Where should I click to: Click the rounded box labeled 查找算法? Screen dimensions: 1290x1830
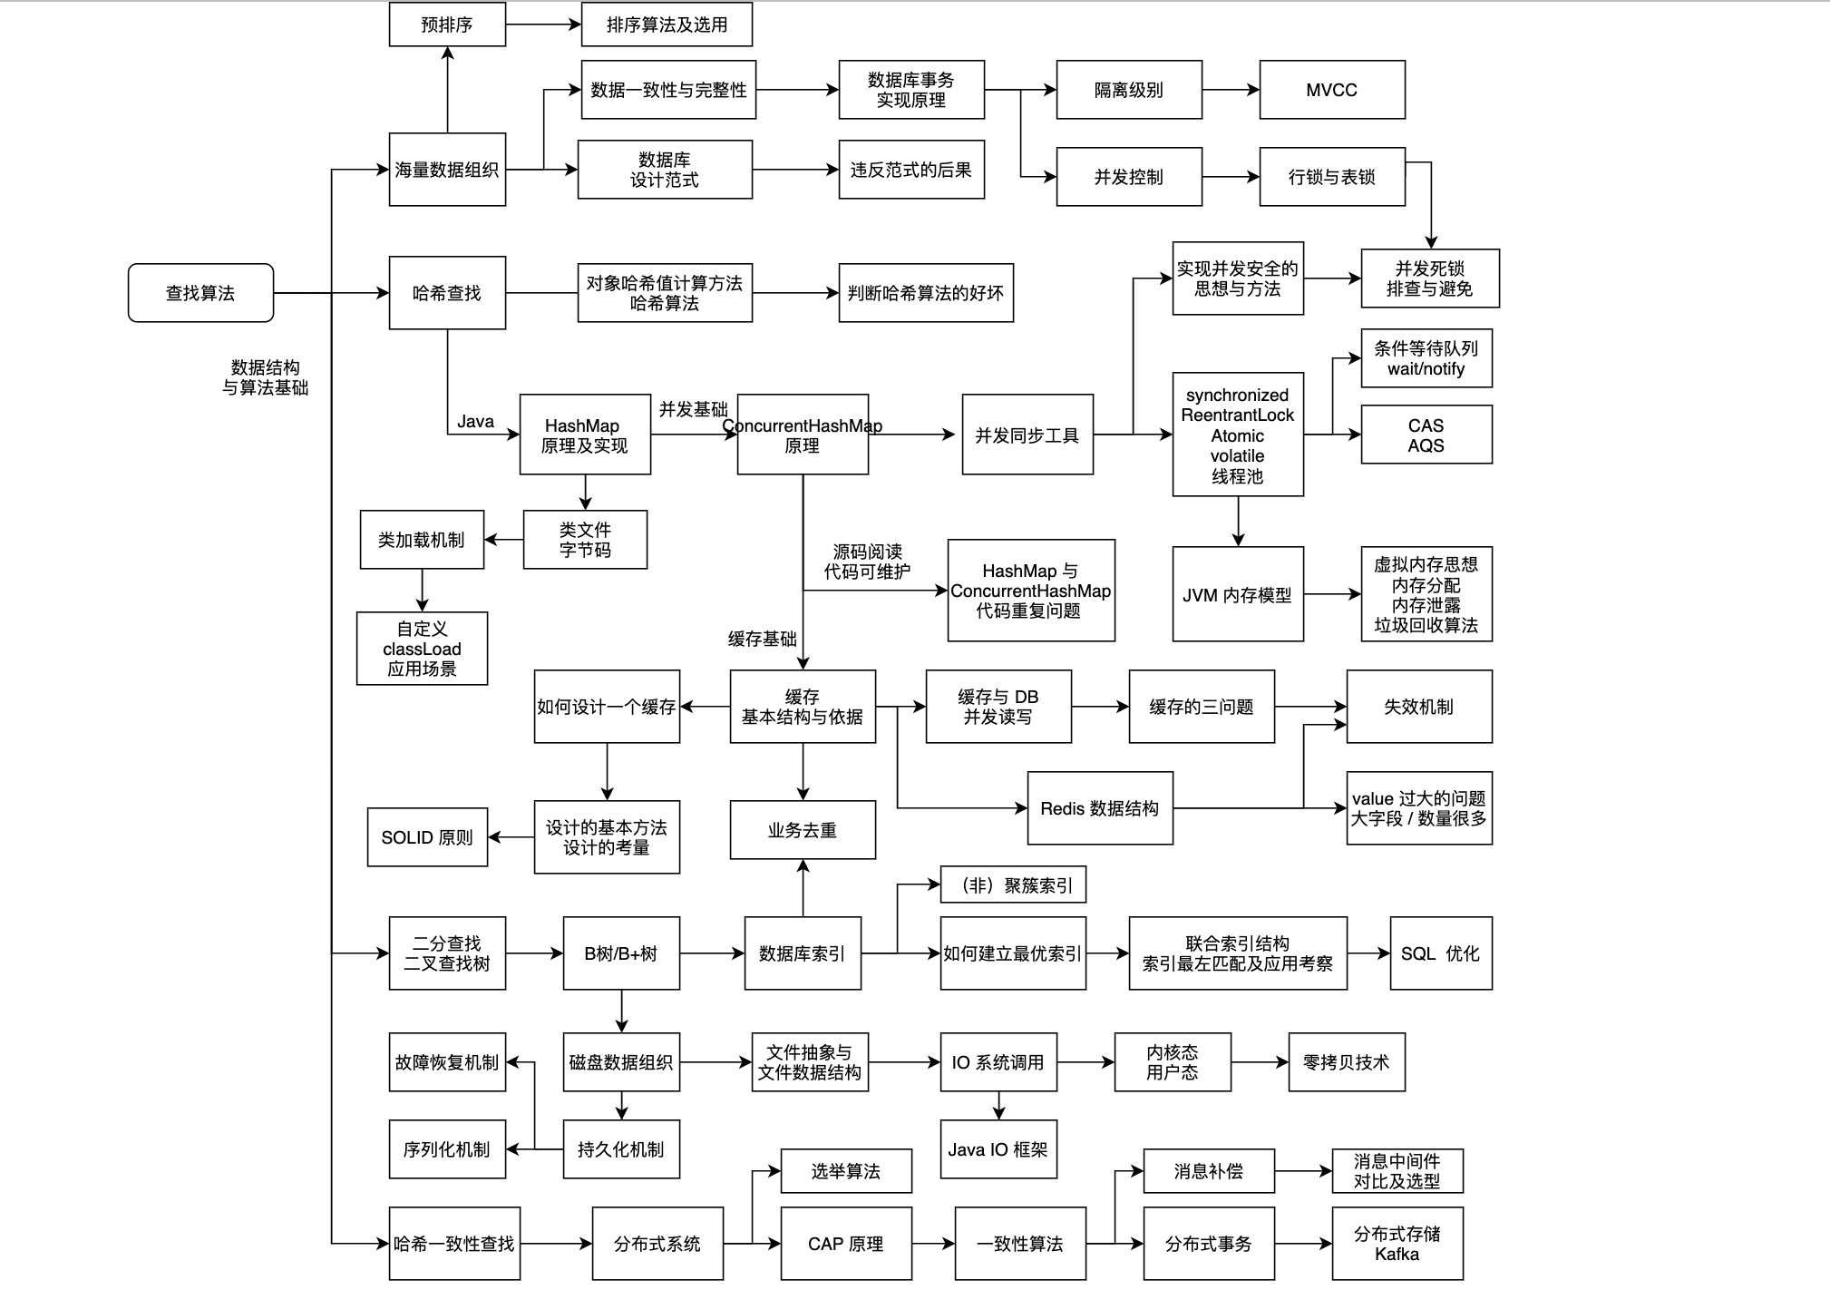pyautogui.click(x=200, y=293)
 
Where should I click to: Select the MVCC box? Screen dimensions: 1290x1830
pyautogui.click(x=1331, y=90)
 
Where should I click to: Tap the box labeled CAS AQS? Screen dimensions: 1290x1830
pyautogui.click(x=1426, y=435)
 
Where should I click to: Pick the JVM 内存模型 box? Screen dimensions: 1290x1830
pyautogui.click(x=1237, y=594)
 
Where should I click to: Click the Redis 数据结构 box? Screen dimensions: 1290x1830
pyautogui.click(x=1099, y=808)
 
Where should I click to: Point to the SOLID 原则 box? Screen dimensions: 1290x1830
pyautogui.click(x=427, y=837)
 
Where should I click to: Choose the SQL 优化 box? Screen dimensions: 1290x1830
pyautogui.click(x=1440, y=953)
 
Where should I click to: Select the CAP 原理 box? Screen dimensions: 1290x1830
pyautogui.click(x=845, y=1244)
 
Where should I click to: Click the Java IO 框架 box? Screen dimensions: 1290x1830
pyautogui.click(x=998, y=1149)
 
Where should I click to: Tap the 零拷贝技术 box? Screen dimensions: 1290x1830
pyautogui.click(x=1346, y=1062)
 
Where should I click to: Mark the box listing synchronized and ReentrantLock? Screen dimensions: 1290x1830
pyautogui.click(x=1237, y=435)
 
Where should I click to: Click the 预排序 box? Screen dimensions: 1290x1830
pyautogui.click(x=447, y=24)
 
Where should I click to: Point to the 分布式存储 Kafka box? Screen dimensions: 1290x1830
pyautogui.click(x=1397, y=1244)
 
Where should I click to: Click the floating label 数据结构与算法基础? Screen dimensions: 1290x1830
pyautogui.click(x=265, y=377)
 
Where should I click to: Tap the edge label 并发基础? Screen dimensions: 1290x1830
pyautogui.click(x=693, y=409)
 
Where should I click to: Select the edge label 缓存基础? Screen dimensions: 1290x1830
pyautogui.click(x=762, y=639)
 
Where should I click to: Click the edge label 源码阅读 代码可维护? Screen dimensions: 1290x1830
pyautogui.click(x=867, y=562)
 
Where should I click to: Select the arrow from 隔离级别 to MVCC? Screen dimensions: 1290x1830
pyautogui.click(x=1231, y=90)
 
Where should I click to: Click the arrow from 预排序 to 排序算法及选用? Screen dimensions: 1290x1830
pyautogui.click(x=542, y=24)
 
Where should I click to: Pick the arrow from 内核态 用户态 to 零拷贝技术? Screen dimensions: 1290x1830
pyautogui.click(x=1260, y=1062)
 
